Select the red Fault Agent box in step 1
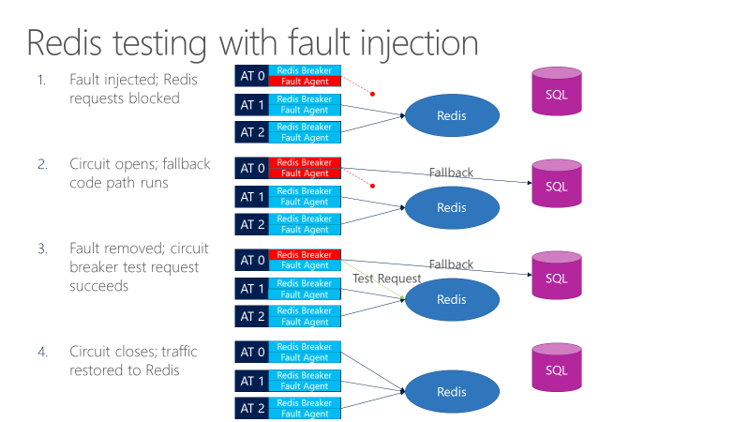305,82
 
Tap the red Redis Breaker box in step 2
305,163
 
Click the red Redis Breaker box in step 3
305,254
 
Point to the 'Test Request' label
387,279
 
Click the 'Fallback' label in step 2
451,173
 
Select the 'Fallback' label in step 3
451,264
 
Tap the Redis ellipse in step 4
451,391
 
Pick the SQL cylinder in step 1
557,90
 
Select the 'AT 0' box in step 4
251,352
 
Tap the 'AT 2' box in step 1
251,132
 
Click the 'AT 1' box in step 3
251,289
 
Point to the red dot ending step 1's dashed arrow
372,94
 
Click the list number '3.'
43,249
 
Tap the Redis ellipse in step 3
451,299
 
